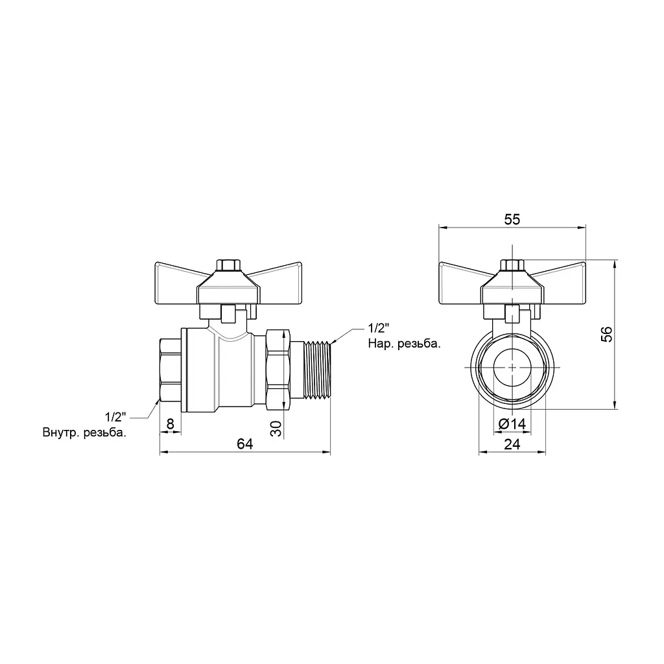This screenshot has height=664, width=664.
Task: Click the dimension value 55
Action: [x=512, y=219]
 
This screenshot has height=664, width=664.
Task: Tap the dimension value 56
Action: [x=607, y=334]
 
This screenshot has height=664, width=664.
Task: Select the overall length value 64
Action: [x=244, y=444]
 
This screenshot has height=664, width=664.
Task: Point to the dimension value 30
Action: [x=276, y=428]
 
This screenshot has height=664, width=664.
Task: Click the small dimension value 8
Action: [x=171, y=424]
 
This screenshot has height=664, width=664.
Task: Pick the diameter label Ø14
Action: [x=512, y=424]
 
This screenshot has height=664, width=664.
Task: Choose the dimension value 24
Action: [x=512, y=444]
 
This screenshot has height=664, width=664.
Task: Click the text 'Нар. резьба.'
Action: [x=405, y=344]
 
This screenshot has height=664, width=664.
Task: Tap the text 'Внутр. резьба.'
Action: [x=84, y=433]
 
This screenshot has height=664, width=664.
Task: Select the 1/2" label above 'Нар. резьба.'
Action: [x=378, y=327]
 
